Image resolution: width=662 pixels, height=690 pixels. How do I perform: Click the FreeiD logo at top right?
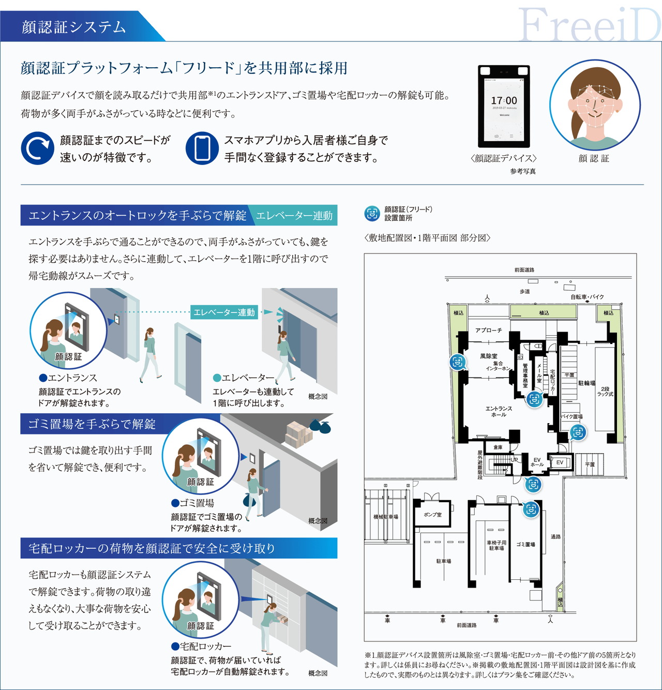[x=589, y=25]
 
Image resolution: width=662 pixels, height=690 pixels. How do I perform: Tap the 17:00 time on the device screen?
[x=504, y=100]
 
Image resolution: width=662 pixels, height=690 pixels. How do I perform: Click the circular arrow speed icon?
[x=37, y=148]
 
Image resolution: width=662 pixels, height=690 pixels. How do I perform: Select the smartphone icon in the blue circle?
[x=202, y=148]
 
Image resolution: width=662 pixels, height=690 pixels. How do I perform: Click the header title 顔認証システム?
[x=74, y=27]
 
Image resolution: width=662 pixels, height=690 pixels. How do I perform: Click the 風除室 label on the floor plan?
[x=488, y=356]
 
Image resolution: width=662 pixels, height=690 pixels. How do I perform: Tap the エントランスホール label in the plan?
[x=499, y=411]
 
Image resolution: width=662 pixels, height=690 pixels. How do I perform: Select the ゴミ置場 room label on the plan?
[x=525, y=544]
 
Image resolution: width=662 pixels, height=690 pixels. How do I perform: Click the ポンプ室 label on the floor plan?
[x=432, y=515]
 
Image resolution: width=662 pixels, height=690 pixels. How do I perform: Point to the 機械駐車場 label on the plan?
[x=386, y=517]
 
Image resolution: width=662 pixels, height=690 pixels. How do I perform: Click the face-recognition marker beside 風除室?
[x=458, y=362]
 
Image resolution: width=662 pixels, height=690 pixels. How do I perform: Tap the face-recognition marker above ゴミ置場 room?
[x=531, y=509]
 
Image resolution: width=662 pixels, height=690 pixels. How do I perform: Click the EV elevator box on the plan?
[x=560, y=462]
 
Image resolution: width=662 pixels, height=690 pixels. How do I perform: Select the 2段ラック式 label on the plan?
[x=605, y=392]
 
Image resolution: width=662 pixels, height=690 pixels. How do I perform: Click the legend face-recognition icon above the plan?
[x=372, y=214]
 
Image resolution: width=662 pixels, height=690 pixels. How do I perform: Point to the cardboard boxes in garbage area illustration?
[x=299, y=433]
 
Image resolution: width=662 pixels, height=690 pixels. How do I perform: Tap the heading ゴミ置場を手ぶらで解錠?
[x=92, y=424]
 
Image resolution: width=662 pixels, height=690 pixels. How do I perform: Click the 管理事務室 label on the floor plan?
[x=524, y=375]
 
